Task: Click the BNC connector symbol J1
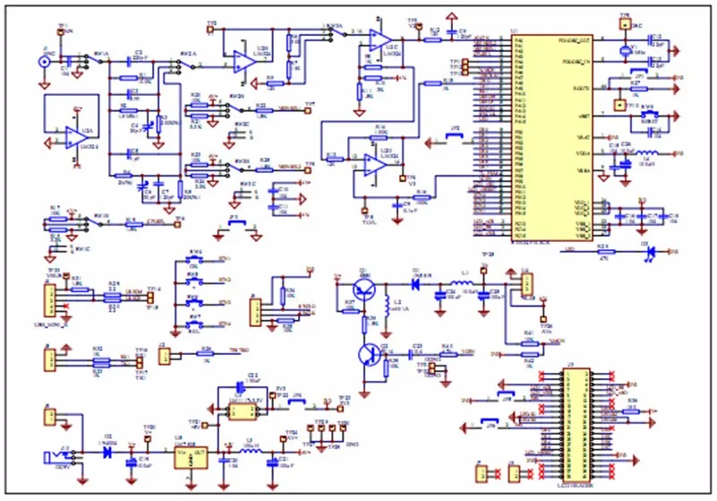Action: (x=43, y=62)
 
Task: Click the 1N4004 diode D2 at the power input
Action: (x=108, y=452)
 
